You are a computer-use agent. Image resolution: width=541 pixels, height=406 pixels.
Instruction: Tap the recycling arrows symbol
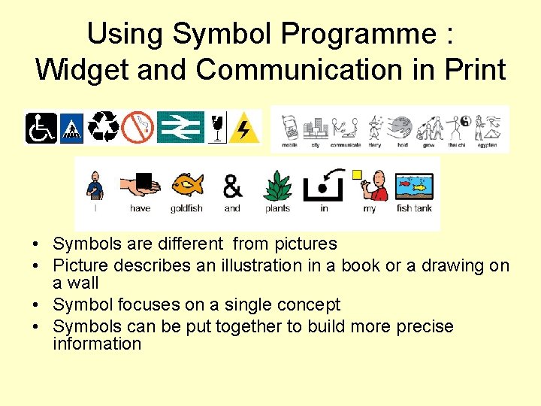coord(104,127)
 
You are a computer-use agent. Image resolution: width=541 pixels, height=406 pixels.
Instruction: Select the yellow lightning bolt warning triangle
coord(243,128)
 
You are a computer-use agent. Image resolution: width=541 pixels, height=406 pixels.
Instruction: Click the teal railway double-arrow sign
coord(180,127)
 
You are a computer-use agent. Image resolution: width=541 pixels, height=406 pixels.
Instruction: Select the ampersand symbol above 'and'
coord(232,185)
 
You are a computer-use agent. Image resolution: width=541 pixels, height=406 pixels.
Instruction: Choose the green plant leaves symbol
coord(277,185)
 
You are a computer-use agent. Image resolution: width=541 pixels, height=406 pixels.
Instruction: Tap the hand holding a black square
coord(140,185)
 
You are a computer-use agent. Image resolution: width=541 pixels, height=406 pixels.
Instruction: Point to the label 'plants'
coord(277,208)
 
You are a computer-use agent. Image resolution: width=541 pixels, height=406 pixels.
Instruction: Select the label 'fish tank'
coord(414,208)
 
